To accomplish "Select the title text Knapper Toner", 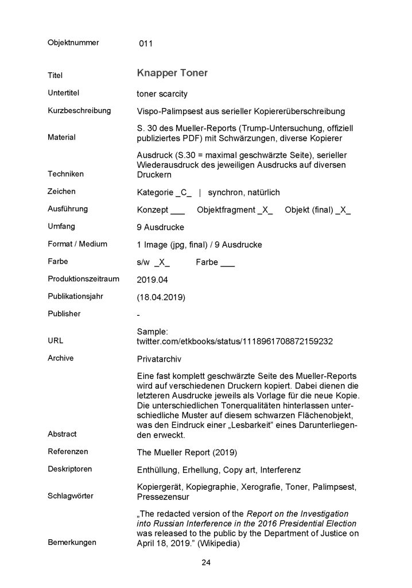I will tap(172, 73).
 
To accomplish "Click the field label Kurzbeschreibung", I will tap(79, 110).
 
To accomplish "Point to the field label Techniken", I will tap(65, 174).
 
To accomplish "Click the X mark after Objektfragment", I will tap(266, 210).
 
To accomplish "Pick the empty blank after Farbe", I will tap(227, 262).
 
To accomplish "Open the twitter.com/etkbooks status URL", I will tap(235, 341).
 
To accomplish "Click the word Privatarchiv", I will tap(159, 358).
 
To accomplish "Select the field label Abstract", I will tap(62, 434).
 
